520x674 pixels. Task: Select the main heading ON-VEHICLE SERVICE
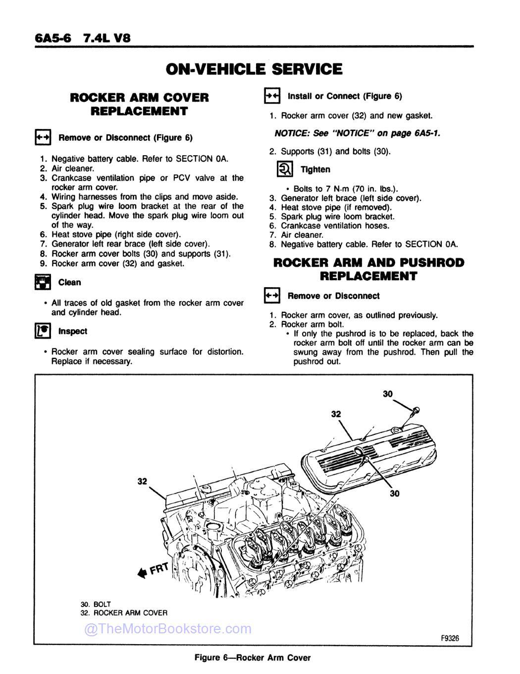tap(254, 69)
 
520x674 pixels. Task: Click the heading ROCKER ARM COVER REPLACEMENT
tap(139, 104)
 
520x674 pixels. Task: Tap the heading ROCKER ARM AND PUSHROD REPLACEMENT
tap(368, 269)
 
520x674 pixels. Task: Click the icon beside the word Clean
tap(43, 282)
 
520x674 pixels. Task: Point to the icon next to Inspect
tap(43, 331)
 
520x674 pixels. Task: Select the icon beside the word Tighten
tap(285, 170)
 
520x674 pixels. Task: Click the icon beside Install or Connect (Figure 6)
tap(272, 96)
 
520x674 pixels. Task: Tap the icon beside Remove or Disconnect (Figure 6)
tap(43, 137)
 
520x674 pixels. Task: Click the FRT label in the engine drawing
tap(159, 568)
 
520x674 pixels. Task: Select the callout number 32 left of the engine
tap(142, 481)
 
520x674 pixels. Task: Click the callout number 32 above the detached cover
tap(336, 414)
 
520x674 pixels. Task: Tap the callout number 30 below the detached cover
tap(394, 493)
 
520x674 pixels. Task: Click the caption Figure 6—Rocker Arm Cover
tap(253, 658)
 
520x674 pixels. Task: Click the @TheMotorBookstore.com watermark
tap(168, 629)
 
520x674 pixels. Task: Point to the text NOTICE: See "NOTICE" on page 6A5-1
tap(357, 133)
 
